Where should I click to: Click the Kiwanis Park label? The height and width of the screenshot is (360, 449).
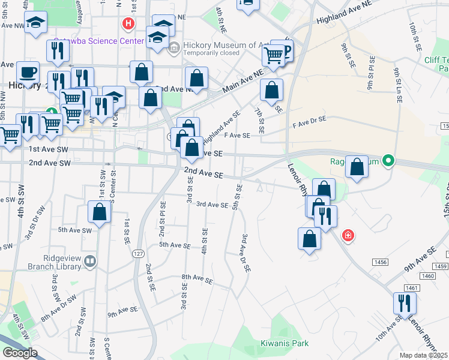coord(285,343)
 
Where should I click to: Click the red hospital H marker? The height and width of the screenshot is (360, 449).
coord(128,24)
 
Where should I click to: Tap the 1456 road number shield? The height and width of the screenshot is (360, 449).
coord(379,262)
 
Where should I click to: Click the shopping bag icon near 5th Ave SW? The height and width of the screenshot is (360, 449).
coord(100,212)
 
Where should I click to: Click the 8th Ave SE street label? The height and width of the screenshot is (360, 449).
coord(197,279)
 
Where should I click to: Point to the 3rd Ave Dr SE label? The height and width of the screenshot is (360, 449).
coord(246,253)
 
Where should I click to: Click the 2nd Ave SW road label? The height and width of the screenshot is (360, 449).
coord(50,163)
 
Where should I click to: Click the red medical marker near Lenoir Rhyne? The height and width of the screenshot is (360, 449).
coord(347,235)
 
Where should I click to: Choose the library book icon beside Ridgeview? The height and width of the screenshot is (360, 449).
coord(90,261)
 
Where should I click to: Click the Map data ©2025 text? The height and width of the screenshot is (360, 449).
coord(424,355)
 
